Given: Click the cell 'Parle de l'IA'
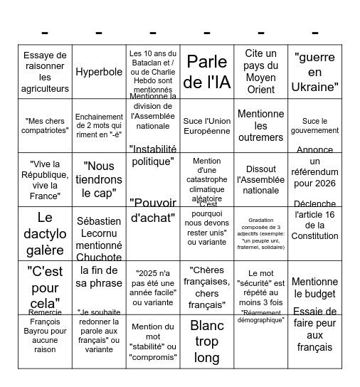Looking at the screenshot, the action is click(207, 72).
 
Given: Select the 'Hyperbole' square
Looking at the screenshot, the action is click(99, 72).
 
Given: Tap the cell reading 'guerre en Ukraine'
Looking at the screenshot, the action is click(315, 72).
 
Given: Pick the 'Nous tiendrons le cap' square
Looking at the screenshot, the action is click(99, 179).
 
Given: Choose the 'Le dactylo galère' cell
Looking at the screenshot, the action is click(45, 233).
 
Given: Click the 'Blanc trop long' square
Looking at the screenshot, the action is click(207, 341).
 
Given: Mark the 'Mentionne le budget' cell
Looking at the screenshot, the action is click(315, 287).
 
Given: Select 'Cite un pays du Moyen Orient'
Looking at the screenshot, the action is click(261, 72).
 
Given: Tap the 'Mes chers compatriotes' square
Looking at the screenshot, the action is click(45, 126).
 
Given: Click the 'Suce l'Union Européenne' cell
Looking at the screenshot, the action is click(207, 126).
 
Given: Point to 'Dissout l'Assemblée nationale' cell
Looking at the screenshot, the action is click(261, 179).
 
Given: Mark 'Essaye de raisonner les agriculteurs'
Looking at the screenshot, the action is click(45, 72).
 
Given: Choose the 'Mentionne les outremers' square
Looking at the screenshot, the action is click(261, 126).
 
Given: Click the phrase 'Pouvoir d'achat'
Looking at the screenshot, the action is click(153, 211).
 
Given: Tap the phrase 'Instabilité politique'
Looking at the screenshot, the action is click(153, 154).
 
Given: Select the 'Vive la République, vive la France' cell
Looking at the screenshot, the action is click(45, 179).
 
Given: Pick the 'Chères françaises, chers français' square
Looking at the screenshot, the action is click(207, 287).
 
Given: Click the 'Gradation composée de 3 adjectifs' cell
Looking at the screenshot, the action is click(261, 233).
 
